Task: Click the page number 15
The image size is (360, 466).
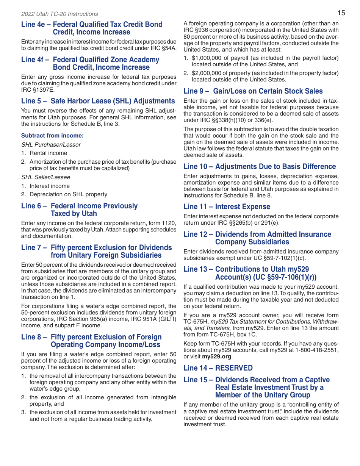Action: click(x=341, y=13)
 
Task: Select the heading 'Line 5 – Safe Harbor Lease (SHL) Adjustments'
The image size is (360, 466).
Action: click(x=98, y=101)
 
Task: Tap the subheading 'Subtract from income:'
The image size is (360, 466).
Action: click(x=52, y=135)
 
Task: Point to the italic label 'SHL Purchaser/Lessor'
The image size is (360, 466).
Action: click(x=51, y=144)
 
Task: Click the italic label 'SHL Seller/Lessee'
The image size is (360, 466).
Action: click(x=45, y=177)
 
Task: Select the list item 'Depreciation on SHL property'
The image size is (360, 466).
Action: click(x=68, y=194)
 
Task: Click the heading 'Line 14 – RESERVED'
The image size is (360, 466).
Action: click(x=218, y=368)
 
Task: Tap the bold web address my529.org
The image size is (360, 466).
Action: click(x=217, y=357)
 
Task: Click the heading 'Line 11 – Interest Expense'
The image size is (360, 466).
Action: click(x=227, y=206)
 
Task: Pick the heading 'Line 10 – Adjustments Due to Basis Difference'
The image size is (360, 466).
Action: click(x=260, y=166)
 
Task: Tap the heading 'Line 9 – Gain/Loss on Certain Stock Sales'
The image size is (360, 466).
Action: click(x=253, y=91)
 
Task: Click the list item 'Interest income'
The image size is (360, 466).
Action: click(x=50, y=186)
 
